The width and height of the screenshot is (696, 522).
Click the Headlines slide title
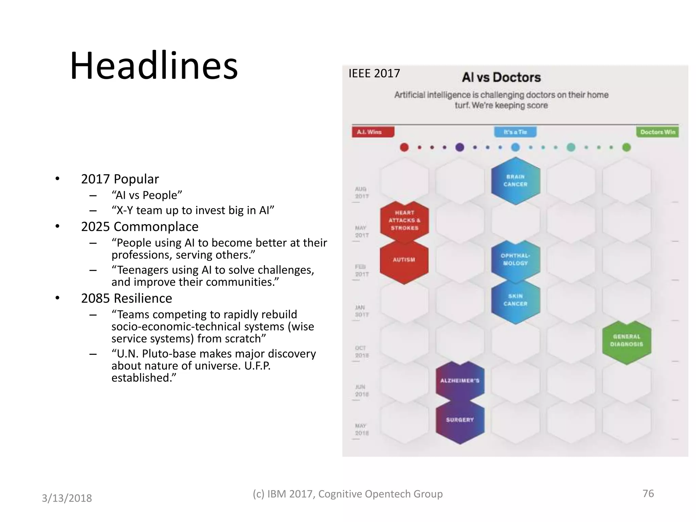pyautogui.click(x=154, y=66)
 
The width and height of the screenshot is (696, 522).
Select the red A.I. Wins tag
pyautogui.click(x=372, y=132)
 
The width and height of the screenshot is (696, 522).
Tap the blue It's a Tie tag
pyautogui.click(x=515, y=132)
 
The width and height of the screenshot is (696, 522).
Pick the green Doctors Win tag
pyautogui.click(x=657, y=132)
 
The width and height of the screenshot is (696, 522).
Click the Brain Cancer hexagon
pyautogui.click(x=516, y=181)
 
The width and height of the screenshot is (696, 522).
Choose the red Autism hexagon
pyautogui.click(x=404, y=260)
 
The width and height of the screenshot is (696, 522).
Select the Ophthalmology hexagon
pyautogui.click(x=516, y=260)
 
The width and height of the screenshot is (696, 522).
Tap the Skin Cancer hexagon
pyautogui.click(x=516, y=300)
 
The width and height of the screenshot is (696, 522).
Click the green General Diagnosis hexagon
pyautogui.click(x=627, y=341)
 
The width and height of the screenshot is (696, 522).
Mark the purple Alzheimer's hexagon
pyautogui.click(x=460, y=381)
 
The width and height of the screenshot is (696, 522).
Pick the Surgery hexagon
pyautogui.click(x=460, y=420)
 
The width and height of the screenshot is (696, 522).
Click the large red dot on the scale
pyautogui.click(x=404, y=147)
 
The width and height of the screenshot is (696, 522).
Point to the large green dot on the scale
pyautogui.click(x=626, y=147)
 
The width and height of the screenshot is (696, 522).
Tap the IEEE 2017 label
pyautogui.click(x=374, y=73)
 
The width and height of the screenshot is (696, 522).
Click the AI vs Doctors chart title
pyautogui.click(x=501, y=77)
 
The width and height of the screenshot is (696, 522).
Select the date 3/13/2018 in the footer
pyautogui.click(x=67, y=498)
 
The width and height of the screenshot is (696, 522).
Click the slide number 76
pyautogui.click(x=648, y=493)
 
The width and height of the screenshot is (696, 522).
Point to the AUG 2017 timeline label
pyautogui.click(x=361, y=193)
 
